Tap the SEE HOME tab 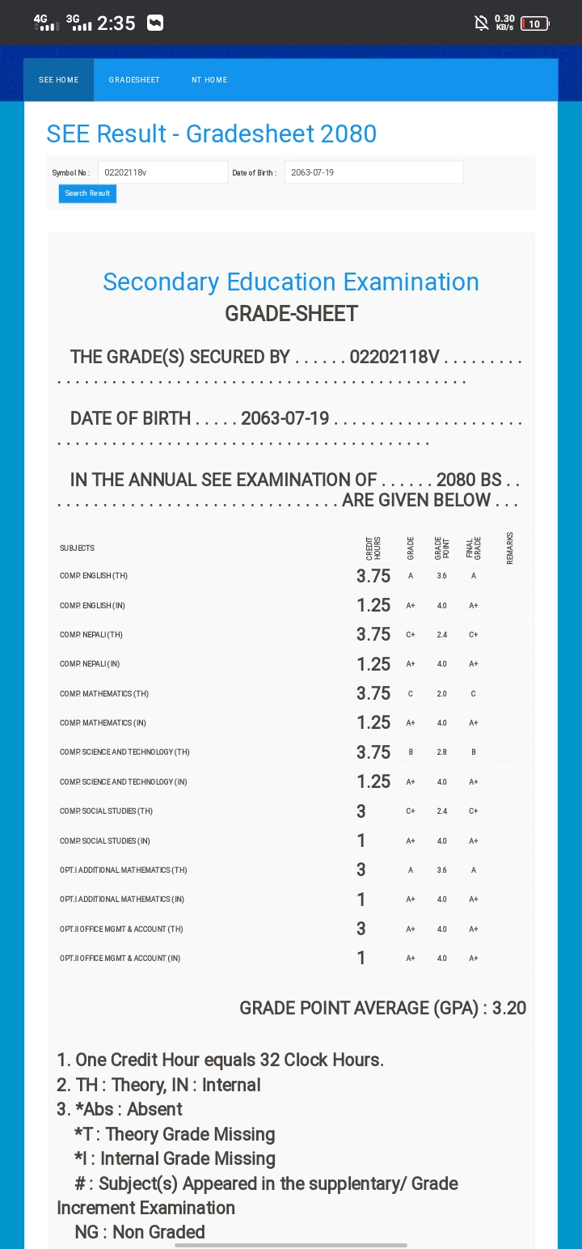[59, 80]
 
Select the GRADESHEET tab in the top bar [134, 80]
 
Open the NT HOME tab [209, 80]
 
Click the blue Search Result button [87, 193]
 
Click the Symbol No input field [162, 172]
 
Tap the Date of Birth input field [373, 172]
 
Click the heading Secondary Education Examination [291, 282]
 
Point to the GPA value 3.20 [509, 1008]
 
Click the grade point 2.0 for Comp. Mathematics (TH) [442, 693]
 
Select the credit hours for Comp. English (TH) [373, 576]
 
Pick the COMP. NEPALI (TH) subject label [91, 635]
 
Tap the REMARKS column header [510, 548]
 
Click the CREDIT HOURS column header [373, 548]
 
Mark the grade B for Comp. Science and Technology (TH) [411, 752]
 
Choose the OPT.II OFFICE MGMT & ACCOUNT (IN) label [120, 959]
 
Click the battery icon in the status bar [535, 23]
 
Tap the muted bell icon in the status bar [482, 23]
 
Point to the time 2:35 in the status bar [116, 23]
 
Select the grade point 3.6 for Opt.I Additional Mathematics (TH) [442, 870]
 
